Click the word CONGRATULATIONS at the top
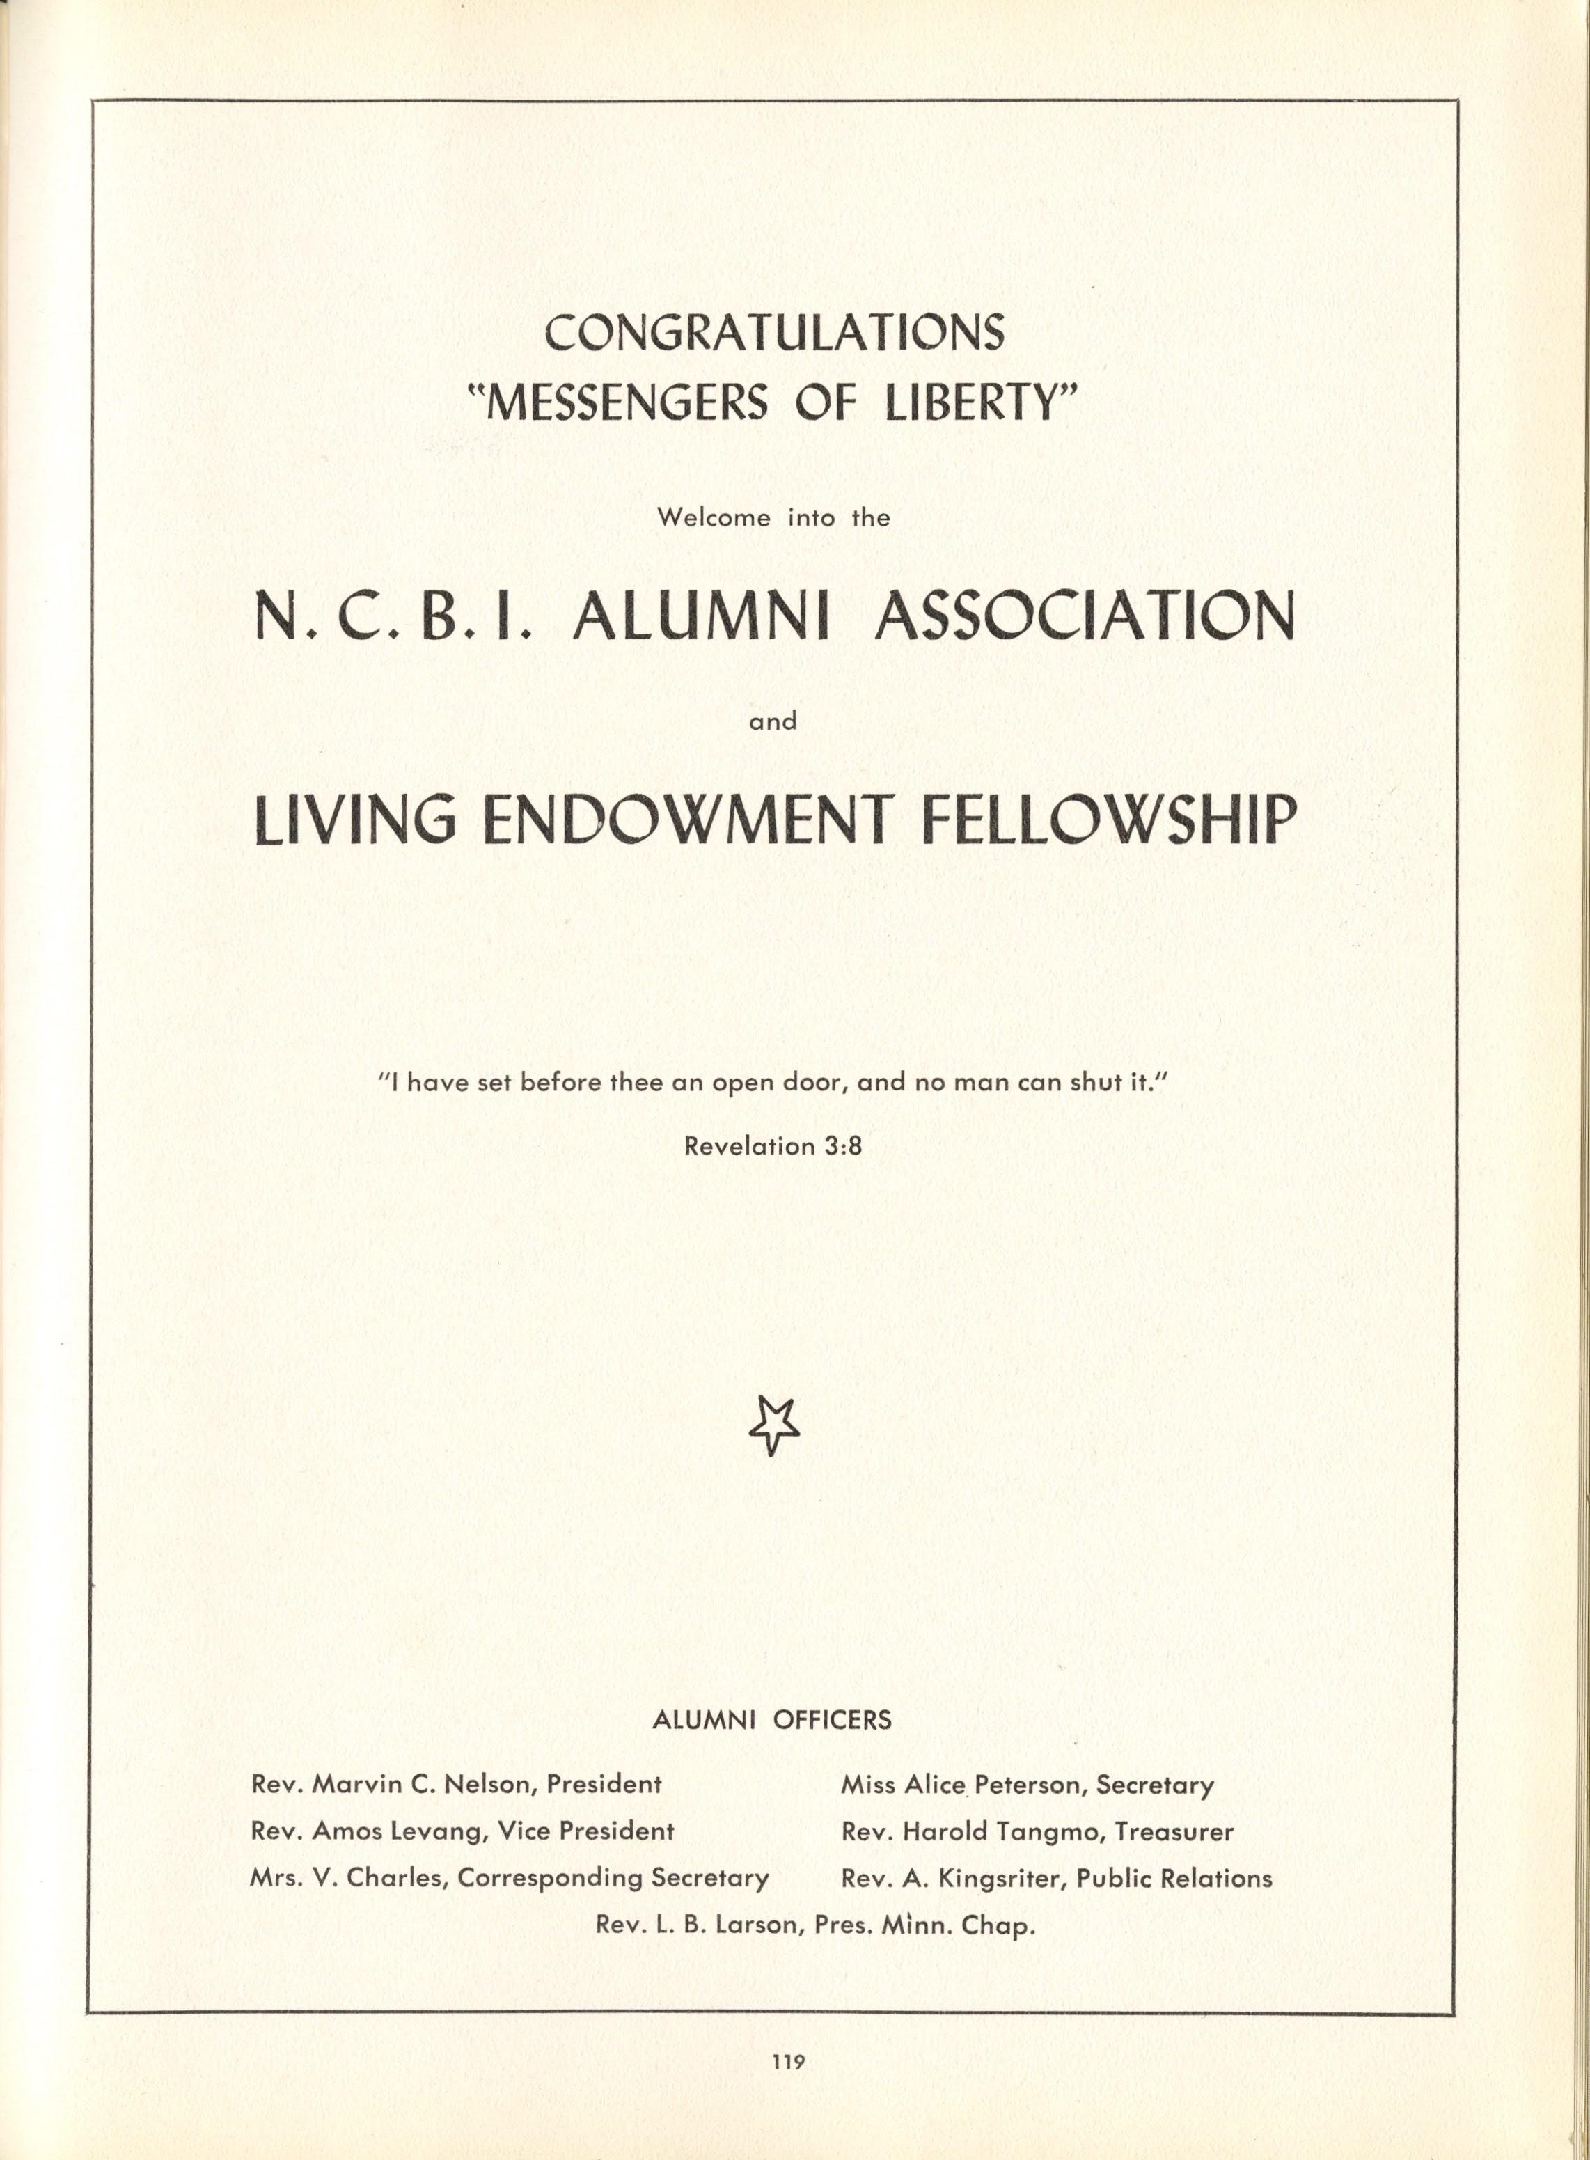point(774,332)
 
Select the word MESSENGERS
point(627,402)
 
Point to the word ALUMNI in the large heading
point(701,616)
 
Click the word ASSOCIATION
point(1085,616)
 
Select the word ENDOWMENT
point(682,821)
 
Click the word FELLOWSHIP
point(1109,821)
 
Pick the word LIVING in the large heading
point(354,821)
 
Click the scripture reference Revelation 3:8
point(772,1145)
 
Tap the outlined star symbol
point(773,1425)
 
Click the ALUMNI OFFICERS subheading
point(772,1719)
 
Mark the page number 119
point(787,2061)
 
